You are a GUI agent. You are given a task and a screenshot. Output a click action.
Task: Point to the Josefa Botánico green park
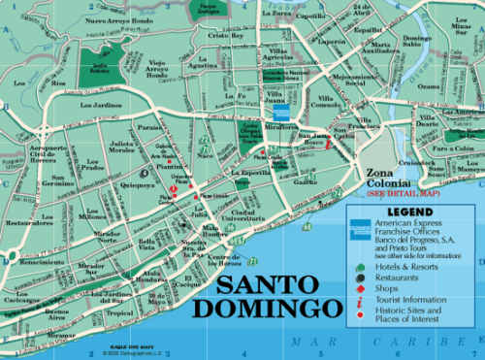point(100,66)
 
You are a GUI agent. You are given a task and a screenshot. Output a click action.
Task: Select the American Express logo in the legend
point(358,228)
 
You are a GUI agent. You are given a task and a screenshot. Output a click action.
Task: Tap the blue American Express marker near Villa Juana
point(280,111)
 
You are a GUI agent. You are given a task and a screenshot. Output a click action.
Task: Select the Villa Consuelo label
point(315,102)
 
